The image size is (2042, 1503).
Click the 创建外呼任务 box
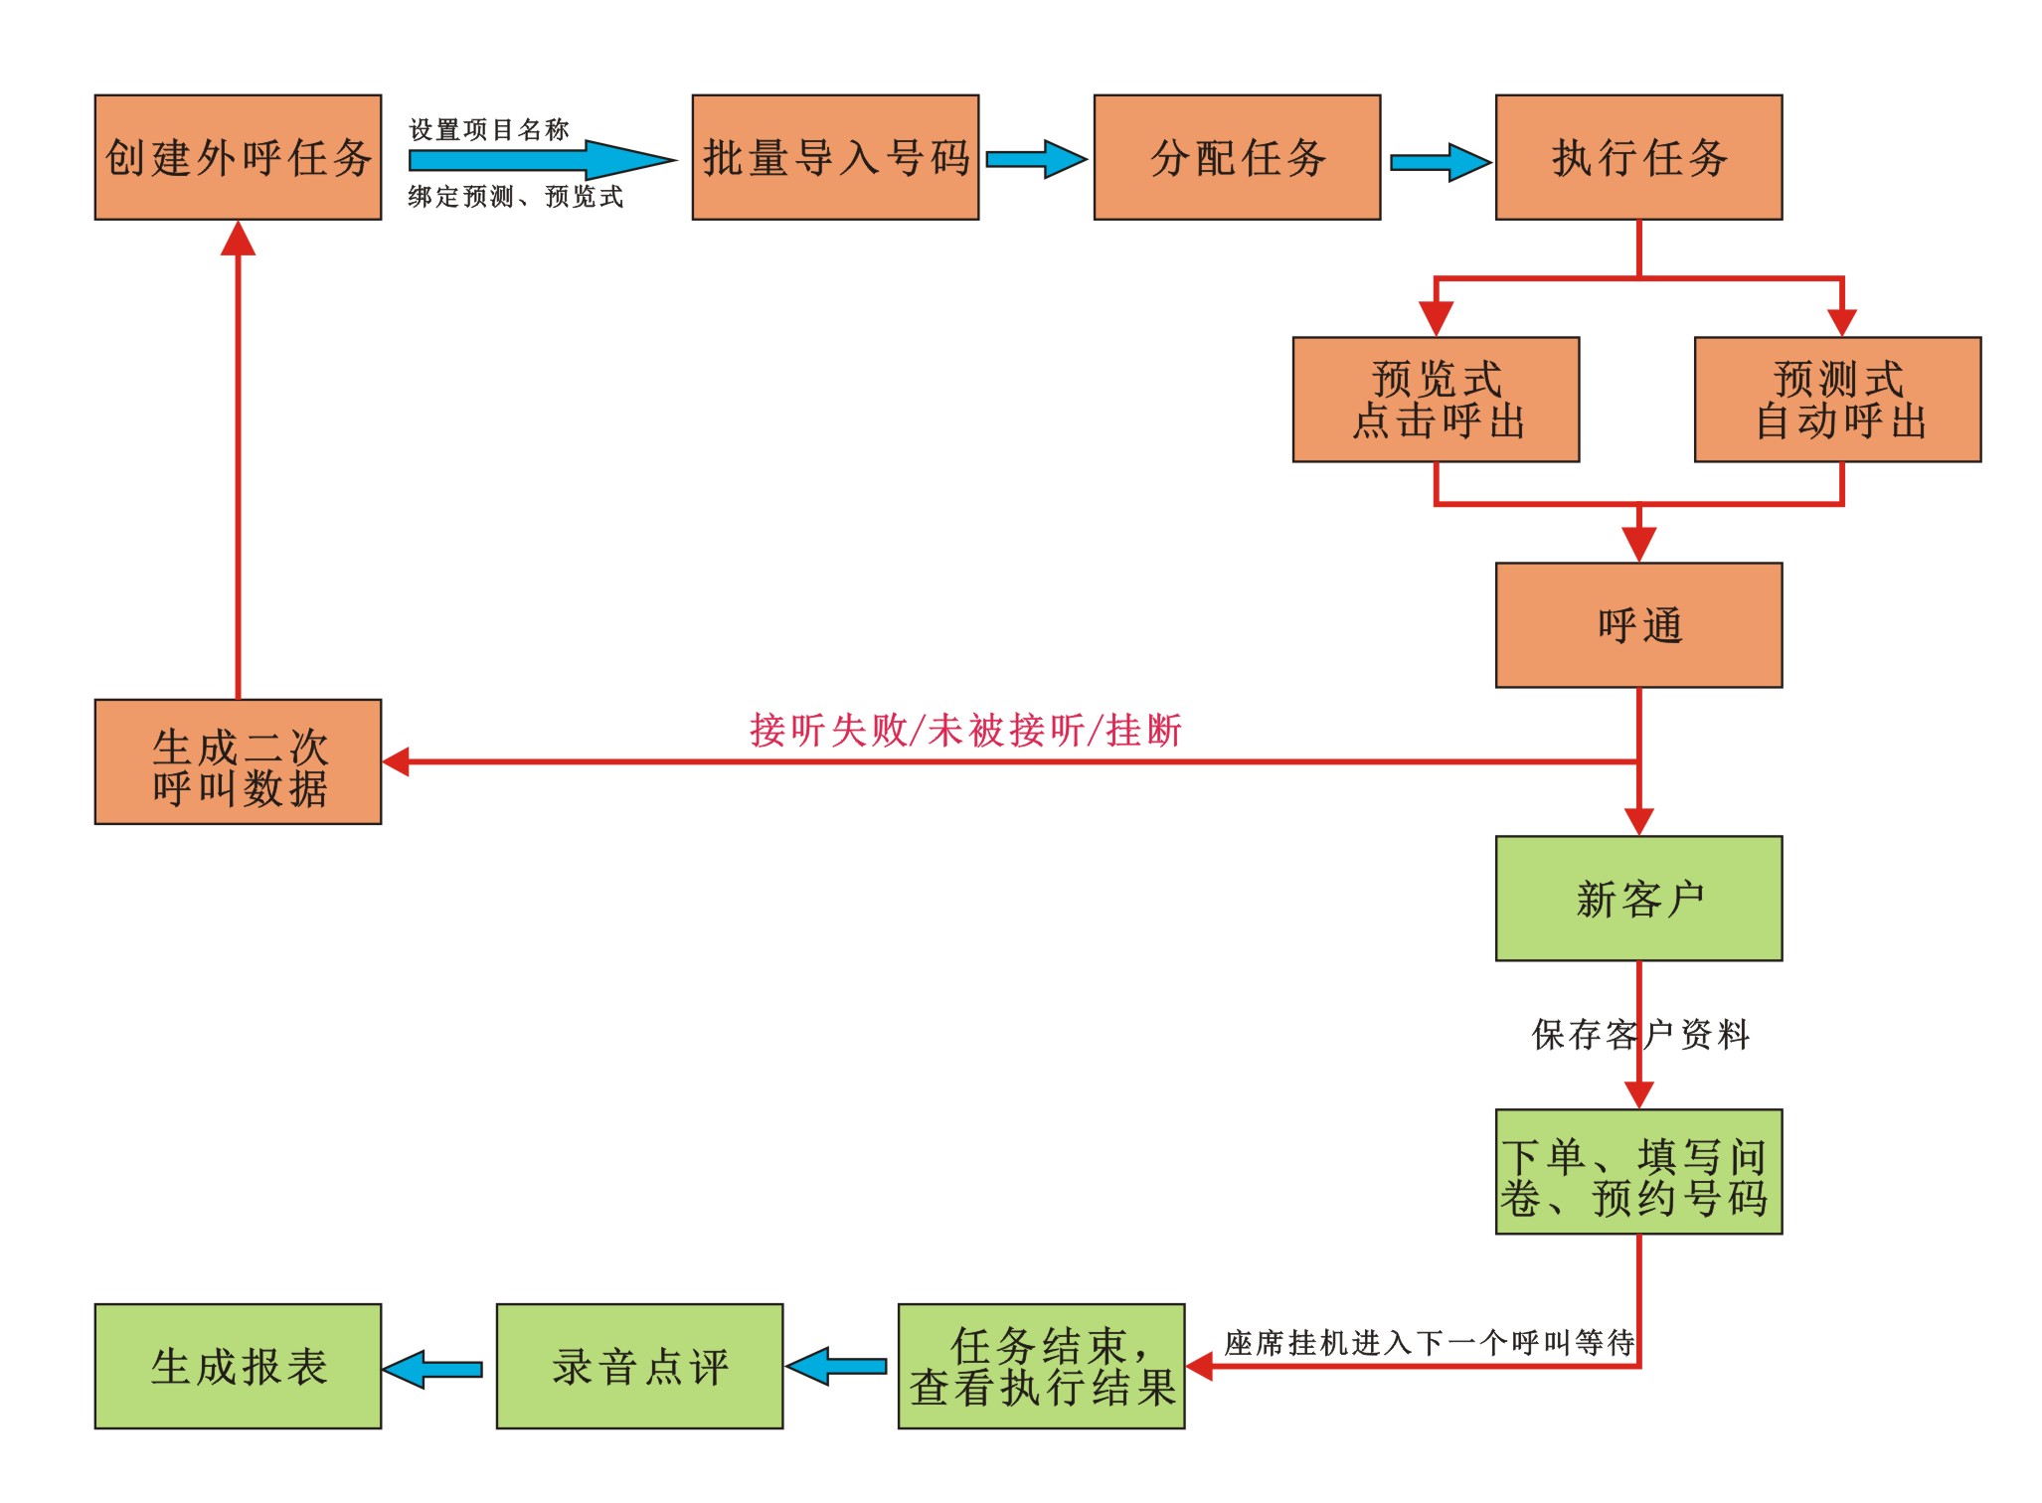(x=238, y=157)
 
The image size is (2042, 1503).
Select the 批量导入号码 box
(x=835, y=157)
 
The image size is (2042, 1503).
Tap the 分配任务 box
(x=1237, y=157)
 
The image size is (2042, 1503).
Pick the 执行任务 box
(x=1638, y=157)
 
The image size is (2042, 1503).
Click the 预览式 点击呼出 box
(x=1436, y=400)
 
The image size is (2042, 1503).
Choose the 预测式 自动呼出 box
(x=1837, y=400)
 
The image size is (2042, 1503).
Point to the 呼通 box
(x=1638, y=625)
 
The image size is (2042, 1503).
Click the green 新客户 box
(x=1638, y=899)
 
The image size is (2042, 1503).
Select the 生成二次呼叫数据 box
(x=238, y=761)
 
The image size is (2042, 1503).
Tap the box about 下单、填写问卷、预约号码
(x=1638, y=1172)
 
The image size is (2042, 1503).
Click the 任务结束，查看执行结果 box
(x=1041, y=1367)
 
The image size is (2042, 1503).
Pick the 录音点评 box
(x=639, y=1367)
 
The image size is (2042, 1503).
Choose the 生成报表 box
(x=238, y=1367)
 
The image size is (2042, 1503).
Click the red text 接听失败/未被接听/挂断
(x=965, y=731)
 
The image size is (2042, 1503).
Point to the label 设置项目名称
(x=488, y=130)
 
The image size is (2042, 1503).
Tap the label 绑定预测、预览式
(x=515, y=197)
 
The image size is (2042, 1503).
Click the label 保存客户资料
(x=1640, y=1035)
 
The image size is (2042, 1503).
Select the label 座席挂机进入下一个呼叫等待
(x=1429, y=1344)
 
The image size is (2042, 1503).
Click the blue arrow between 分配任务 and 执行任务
(x=1439, y=162)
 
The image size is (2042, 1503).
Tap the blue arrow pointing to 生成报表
(x=433, y=1369)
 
